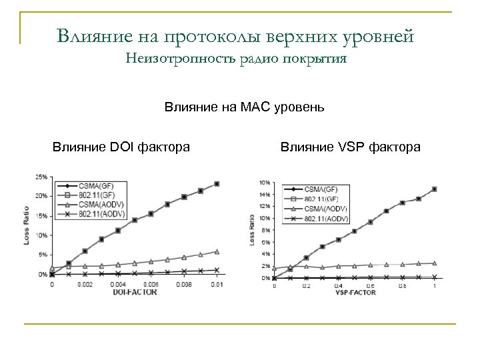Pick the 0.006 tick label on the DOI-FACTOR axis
click(152, 285)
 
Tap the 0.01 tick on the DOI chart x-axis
click(216, 285)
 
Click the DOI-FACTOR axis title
click(135, 291)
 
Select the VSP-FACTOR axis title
click(355, 292)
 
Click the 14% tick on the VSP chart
click(264, 195)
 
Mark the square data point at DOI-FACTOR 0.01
click(217, 184)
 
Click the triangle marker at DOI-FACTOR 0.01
click(217, 252)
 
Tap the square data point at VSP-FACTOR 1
click(434, 189)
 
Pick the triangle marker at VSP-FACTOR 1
click(434, 263)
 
